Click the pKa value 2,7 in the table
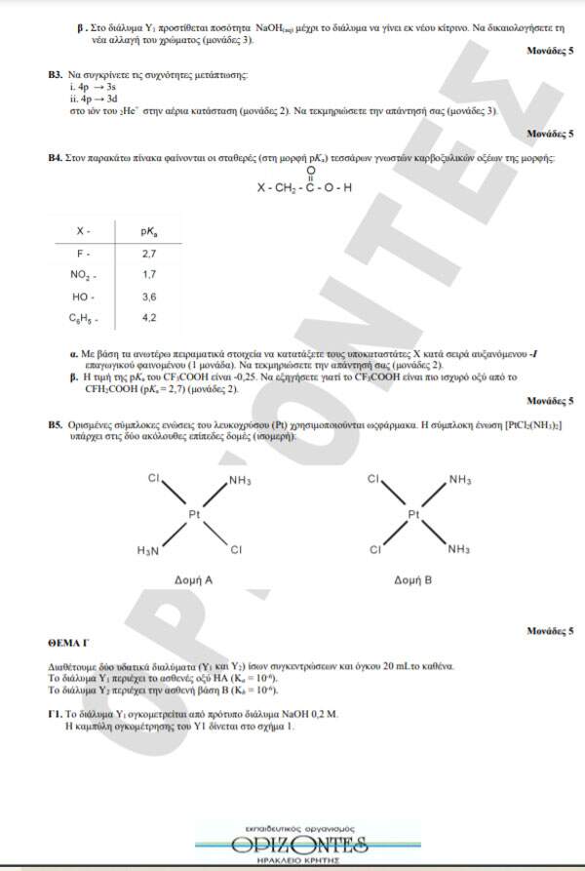[x=149, y=253]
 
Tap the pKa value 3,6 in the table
[x=149, y=296]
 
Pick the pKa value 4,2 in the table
[x=149, y=317]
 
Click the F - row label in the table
[x=84, y=253]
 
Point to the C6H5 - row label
[x=84, y=318]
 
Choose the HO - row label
[x=84, y=296]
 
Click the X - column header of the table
[x=84, y=231]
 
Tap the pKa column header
[x=149, y=231]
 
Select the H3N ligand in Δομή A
[x=148, y=551]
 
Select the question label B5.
[x=55, y=426]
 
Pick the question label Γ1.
[x=55, y=714]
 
